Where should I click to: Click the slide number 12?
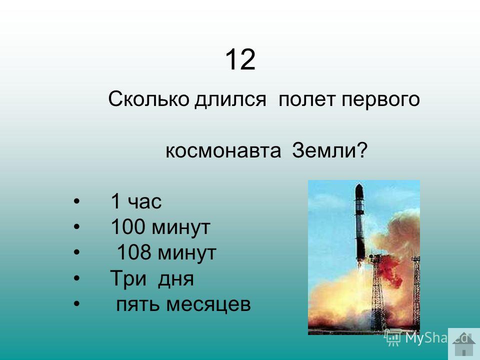pyautogui.click(x=240, y=59)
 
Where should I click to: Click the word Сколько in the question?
pyautogui.click(x=148, y=99)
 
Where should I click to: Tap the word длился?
pyautogui.click(x=230, y=99)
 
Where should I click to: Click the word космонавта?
pyautogui.click(x=223, y=151)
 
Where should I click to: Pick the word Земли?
pyautogui.click(x=324, y=150)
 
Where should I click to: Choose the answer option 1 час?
pyautogui.click(x=136, y=201)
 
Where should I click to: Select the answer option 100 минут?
pyautogui.click(x=160, y=227)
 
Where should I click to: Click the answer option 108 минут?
pyautogui.click(x=166, y=252)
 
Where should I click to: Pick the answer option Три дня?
pyautogui.click(x=152, y=279)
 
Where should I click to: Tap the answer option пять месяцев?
pyautogui.click(x=183, y=304)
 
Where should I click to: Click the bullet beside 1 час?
pyautogui.click(x=76, y=201)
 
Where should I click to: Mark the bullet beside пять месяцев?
pyautogui.click(x=76, y=304)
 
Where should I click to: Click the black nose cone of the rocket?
pyautogui.click(x=359, y=191)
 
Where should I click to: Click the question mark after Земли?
pyautogui.click(x=361, y=150)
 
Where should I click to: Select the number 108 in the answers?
pyautogui.click(x=134, y=252)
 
